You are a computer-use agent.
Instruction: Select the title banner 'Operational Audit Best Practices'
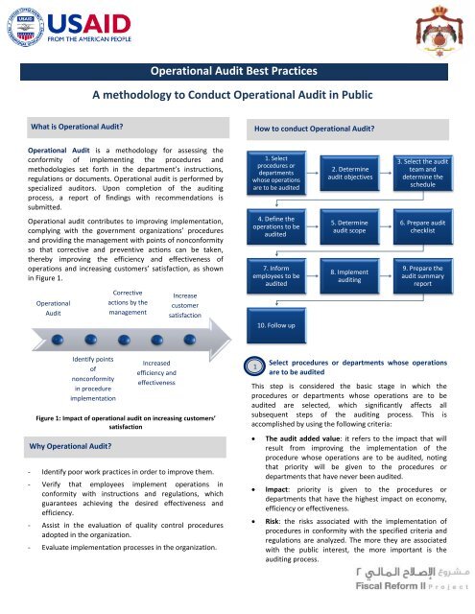[x=237, y=70]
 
